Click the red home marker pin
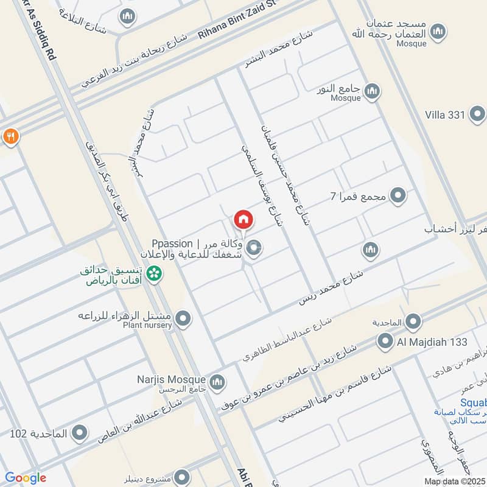click(x=243, y=219)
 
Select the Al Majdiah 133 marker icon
click(x=384, y=342)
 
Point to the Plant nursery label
click(x=147, y=326)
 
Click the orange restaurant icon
click(x=10, y=136)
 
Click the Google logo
click(x=25, y=478)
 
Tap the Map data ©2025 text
click(x=455, y=482)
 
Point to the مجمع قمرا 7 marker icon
click(x=398, y=196)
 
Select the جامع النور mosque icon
click(x=371, y=92)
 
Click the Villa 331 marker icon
click(x=478, y=114)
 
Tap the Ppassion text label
click(x=172, y=243)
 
